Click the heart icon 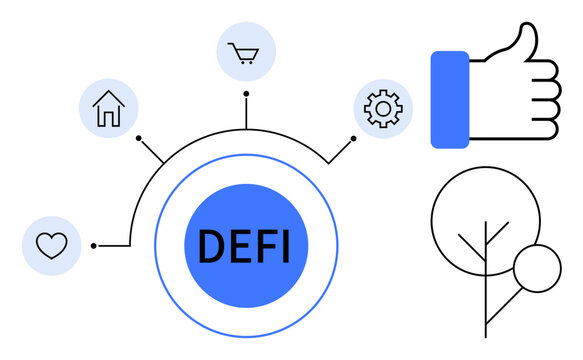pyautogui.click(x=51, y=244)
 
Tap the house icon pyautogui.click(x=108, y=107)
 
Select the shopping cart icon pyautogui.click(x=245, y=52)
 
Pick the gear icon pyautogui.click(x=382, y=108)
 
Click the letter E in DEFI pyautogui.click(x=237, y=246)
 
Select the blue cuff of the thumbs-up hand pyautogui.click(x=450, y=99)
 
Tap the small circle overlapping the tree pyautogui.click(x=537, y=268)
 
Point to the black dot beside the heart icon pyautogui.click(x=93, y=245)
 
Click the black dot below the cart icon pyautogui.click(x=246, y=93)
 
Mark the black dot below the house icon pyautogui.click(x=139, y=137)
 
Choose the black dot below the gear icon pyautogui.click(x=353, y=137)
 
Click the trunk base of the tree pyautogui.click(x=485, y=332)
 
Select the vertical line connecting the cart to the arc pyautogui.click(x=246, y=112)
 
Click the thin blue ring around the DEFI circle pyautogui.click(x=155, y=246)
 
